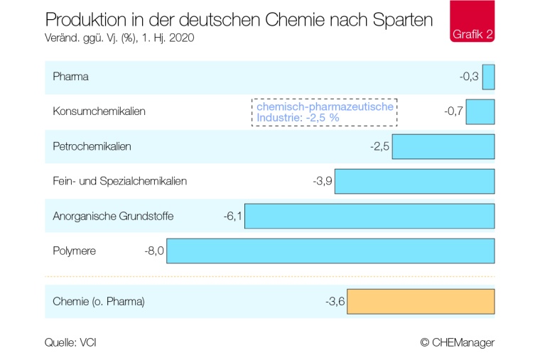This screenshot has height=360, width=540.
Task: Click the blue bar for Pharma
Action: pyautogui.click(x=488, y=77)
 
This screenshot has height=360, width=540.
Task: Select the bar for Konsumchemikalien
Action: pyautogui.click(x=480, y=111)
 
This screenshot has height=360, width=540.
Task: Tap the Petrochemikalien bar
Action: pyautogui.click(x=443, y=146)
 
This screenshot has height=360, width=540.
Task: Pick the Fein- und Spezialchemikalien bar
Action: pyautogui.click(x=414, y=181)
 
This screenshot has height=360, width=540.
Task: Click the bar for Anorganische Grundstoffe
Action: pyautogui.click(x=369, y=216)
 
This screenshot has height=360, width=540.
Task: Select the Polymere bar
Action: pyautogui.click(x=330, y=251)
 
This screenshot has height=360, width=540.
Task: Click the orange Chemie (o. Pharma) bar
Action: pyautogui.click(x=421, y=302)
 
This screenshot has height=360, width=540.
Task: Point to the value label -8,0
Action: pyautogui.click(x=155, y=251)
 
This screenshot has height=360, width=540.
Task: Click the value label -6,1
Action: pyautogui.click(x=233, y=216)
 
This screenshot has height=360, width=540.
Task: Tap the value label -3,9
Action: pyautogui.click(x=323, y=181)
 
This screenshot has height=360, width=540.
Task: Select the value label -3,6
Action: pyautogui.click(x=335, y=302)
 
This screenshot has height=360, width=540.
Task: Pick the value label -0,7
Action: pyautogui.click(x=453, y=111)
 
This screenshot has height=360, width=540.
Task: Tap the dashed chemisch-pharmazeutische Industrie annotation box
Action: pyautogui.click(x=324, y=112)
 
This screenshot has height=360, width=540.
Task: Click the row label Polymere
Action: pyautogui.click(x=74, y=251)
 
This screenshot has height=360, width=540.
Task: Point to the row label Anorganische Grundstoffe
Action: pyautogui.click(x=113, y=216)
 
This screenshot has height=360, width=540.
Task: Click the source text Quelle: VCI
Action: pyautogui.click(x=70, y=342)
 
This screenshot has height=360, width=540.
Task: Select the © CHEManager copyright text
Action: pyautogui.click(x=457, y=342)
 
